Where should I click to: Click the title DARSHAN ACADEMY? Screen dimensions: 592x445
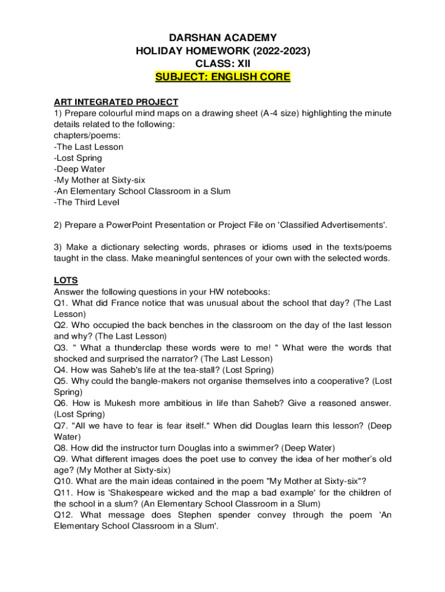click(222, 38)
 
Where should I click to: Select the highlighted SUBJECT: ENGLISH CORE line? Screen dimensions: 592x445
click(222, 77)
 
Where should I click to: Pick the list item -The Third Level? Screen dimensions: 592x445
click(84, 202)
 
